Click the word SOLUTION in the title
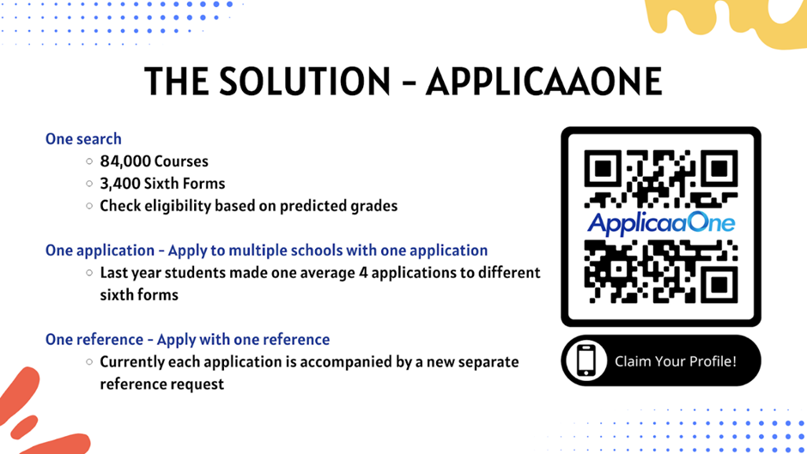pos(305,82)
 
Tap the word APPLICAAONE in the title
pos(544,82)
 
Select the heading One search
pos(83,139)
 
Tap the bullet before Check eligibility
pos(89,206)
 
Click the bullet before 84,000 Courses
pos(89,161)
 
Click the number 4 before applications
pos(363,273)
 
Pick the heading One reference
pos(94,340)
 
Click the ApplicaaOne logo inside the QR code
pos(661,224)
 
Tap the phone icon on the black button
pos(586,360)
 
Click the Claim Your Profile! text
pos(676,361)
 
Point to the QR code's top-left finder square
pos(603,168)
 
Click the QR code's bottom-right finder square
pos(719,284)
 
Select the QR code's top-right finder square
pos(719,168)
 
